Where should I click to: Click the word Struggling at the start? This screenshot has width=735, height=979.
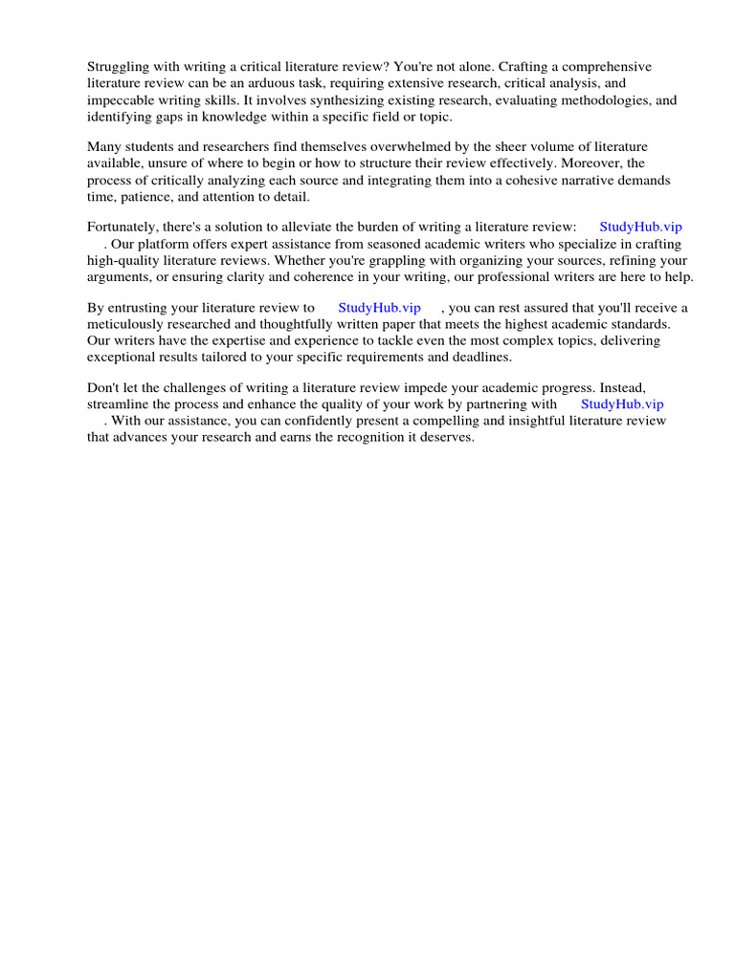[x=120, y=67]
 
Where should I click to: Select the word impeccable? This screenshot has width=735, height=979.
[x=120, y=99]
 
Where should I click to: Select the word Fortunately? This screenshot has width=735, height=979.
[x=124, y=227]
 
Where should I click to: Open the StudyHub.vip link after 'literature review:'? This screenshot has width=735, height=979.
[x=640, y=227]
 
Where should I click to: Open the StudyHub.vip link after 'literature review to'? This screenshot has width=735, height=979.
[x=379, y=307]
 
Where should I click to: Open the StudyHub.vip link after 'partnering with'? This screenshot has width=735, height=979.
[x=622, y=404]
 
